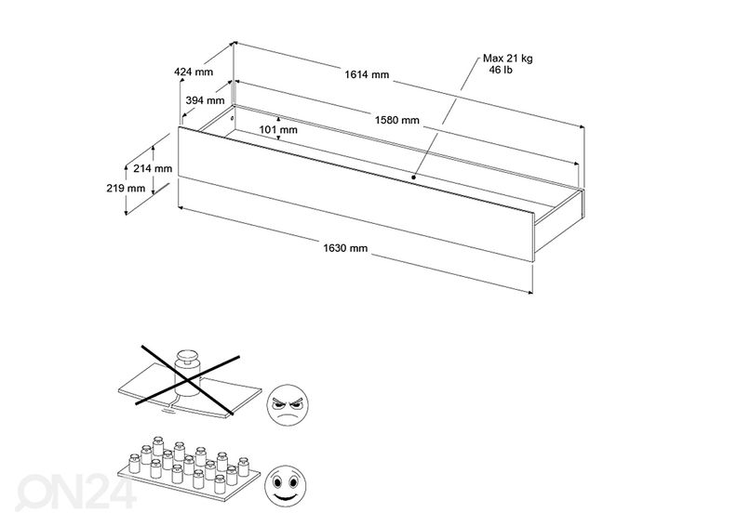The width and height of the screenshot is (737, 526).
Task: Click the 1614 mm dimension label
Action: point(368,75)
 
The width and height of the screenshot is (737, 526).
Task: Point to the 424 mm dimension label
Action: point(193,72)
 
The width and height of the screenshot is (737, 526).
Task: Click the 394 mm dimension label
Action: point(205,100)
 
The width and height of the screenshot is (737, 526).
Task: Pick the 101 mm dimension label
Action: point(278,130)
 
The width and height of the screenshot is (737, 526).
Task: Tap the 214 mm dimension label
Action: point(154,169)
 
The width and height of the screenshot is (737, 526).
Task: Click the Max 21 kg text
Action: point(507,58)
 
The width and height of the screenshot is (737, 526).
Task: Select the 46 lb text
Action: point(507,70)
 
